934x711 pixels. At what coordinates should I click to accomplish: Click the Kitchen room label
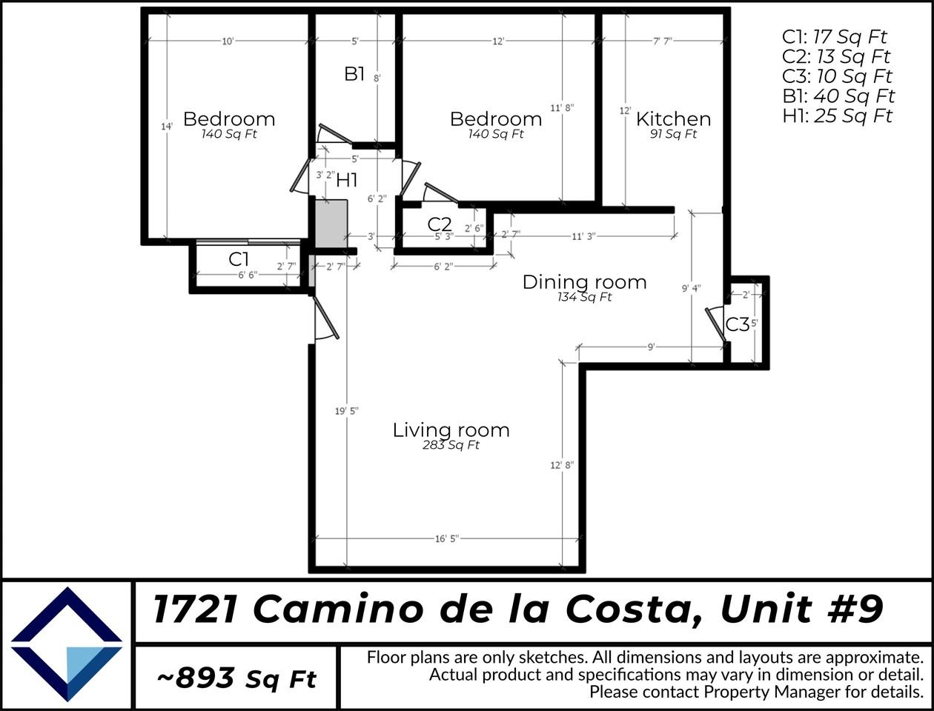[673, 118]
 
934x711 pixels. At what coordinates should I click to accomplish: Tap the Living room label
[451, 430]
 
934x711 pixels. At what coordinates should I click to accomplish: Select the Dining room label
[584, 281]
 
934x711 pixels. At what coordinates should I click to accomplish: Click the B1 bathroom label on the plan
[354, 73]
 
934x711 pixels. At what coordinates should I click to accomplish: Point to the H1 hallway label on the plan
[347, 179]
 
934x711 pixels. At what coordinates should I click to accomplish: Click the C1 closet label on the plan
[238, 259]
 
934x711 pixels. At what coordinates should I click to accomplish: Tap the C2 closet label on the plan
[440, 224]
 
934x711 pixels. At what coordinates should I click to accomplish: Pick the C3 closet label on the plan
[737, 324]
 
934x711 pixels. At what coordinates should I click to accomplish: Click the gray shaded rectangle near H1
[331, 223]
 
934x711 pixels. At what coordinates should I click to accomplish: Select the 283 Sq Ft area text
[451, 445]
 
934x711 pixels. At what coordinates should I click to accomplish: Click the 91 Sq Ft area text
[673, 134]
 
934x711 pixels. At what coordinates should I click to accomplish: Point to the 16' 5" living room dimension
[446, 538]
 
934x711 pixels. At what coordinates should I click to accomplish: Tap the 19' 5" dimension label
[346, 411]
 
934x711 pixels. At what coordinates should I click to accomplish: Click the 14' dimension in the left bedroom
[167, 127]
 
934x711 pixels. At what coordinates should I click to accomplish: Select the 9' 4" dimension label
[691, 289]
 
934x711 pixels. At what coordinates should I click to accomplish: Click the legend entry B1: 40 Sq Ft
[838, 96]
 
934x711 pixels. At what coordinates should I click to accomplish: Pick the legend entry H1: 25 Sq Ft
[838, 116]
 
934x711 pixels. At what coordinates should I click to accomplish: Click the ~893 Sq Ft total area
[236, 677]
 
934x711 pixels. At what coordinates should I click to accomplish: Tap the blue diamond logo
[67, 644]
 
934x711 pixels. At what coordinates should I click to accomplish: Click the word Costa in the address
[629, 610]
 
